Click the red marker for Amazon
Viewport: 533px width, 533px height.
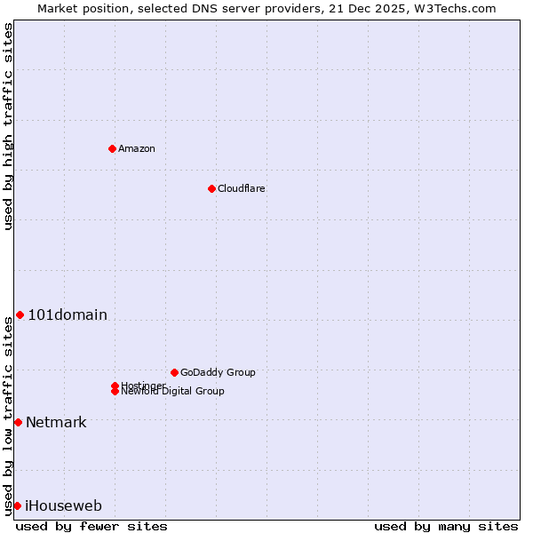112,148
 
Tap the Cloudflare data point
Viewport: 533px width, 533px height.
211,188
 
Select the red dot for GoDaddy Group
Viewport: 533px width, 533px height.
174,372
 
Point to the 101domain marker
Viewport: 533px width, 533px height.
20,314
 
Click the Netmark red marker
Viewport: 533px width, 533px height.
18,422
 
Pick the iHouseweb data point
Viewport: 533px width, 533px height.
17,505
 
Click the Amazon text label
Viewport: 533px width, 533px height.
137,148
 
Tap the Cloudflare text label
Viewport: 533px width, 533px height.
242,188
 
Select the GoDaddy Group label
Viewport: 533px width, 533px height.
218,372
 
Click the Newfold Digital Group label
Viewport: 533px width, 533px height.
172,392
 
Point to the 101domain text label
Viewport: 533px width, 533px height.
68,314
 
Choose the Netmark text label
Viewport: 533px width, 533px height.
56,422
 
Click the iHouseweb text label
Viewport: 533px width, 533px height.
63,505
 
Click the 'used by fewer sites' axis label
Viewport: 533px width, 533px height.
91,526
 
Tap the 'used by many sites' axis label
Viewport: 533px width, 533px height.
446,526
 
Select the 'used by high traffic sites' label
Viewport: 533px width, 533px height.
9,126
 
